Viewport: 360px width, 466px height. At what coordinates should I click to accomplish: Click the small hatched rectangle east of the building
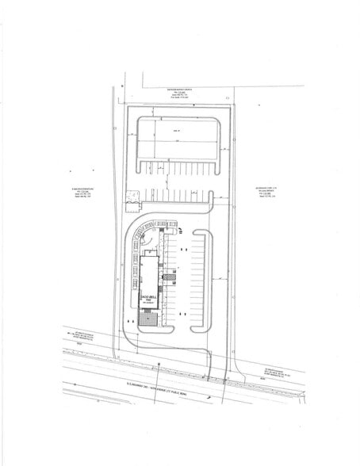(x=169, y=276)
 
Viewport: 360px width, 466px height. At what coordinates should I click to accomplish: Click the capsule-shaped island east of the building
(x=199, y=281)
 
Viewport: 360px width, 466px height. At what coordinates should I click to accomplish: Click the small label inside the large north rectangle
(x=179, y=132)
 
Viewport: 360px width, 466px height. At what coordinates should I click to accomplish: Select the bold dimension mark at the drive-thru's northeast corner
(x=182, y=232)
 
